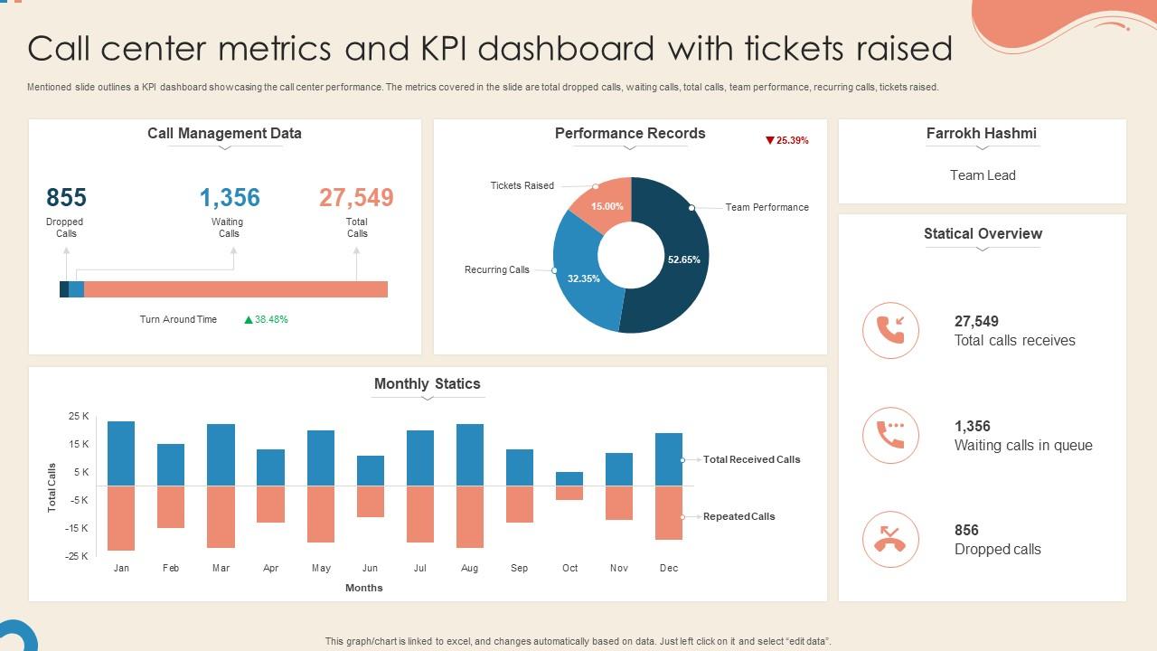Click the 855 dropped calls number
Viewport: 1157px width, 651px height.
click(66, 197)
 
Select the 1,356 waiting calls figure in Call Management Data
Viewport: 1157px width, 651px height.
click(230, 197)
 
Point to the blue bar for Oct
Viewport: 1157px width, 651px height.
click(569, 478)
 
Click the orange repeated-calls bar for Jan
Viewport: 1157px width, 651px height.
click(121, 518)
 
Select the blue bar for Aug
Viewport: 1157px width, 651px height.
click(470, 455)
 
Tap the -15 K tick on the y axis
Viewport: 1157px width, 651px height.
click(77, 528)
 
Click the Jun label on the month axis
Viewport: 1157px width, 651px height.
click(370, 568)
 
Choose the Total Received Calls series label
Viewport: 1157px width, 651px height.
click(751, 459)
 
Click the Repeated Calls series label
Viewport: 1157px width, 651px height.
click(738, 516)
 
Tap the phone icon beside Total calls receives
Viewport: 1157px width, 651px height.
click(890, 330)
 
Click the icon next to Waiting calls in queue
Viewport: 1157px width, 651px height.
click(890, 435)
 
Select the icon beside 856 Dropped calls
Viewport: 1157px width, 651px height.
click(890, 539)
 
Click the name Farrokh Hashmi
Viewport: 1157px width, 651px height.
click(982, 133)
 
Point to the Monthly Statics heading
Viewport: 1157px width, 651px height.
click(427, 383)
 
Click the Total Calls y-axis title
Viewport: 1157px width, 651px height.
click(52, 488)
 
